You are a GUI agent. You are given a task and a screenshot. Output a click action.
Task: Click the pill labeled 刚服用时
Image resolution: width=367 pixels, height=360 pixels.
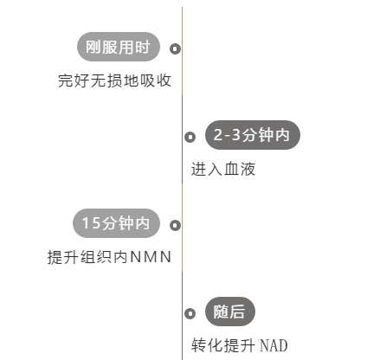119,47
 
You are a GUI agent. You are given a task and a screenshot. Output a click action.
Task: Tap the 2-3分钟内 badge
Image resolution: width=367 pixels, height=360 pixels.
253,135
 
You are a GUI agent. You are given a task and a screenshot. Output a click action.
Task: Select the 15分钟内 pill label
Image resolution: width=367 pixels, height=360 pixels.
116,223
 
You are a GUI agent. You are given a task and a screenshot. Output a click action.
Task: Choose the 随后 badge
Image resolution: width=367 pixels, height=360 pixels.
230,312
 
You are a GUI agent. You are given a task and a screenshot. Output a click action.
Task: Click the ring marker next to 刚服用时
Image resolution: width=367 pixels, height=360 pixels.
175,48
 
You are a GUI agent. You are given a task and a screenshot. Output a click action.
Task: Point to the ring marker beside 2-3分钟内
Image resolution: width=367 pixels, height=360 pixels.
190,137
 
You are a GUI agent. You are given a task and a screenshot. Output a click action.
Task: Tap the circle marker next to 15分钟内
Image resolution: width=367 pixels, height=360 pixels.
175,225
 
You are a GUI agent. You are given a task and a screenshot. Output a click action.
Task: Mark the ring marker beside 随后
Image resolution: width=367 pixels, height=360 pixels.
190,313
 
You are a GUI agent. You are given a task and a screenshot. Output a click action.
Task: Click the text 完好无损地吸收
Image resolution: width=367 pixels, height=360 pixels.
115,80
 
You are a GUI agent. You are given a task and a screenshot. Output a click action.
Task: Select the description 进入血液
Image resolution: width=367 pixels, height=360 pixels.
223,169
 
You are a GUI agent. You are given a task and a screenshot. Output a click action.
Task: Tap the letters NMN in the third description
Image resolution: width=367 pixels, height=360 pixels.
151,257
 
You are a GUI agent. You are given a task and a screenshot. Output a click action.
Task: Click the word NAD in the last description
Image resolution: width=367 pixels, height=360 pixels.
274,345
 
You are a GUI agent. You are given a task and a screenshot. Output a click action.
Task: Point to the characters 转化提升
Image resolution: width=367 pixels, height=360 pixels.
223,345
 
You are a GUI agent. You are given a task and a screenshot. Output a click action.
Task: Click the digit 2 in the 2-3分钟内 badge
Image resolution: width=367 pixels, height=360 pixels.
218,135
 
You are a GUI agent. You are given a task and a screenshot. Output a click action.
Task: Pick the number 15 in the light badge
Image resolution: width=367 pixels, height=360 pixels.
91,223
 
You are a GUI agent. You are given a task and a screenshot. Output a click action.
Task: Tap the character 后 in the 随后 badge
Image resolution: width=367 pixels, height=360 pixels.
237,312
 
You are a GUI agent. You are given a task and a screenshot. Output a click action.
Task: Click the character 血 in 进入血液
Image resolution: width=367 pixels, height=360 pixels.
231,169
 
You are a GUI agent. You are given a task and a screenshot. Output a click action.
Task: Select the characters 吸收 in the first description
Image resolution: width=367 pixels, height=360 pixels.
156,80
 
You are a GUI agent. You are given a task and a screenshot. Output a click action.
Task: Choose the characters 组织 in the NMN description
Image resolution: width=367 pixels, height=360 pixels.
96,257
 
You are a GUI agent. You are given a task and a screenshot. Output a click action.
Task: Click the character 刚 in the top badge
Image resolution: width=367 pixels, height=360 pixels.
93,47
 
